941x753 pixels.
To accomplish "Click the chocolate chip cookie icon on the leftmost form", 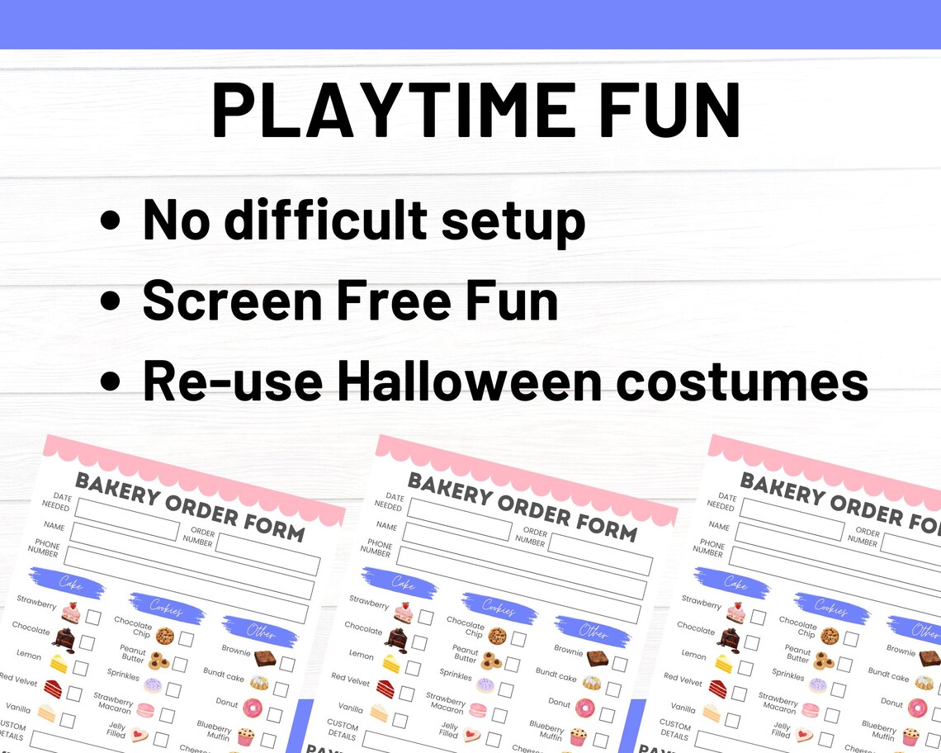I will click(164, 636).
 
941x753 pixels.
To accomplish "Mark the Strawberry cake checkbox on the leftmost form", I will click(93, 617).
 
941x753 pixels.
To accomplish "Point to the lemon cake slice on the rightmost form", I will click(724, 663).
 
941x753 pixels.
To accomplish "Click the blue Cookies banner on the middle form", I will click(499, 609).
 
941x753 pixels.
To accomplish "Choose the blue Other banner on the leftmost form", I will click(260, 632).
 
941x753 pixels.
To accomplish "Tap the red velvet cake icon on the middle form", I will click(385, 688).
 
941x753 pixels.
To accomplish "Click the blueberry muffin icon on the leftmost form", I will click(245, 736).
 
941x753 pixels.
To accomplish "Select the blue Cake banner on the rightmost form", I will click(735, 582).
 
